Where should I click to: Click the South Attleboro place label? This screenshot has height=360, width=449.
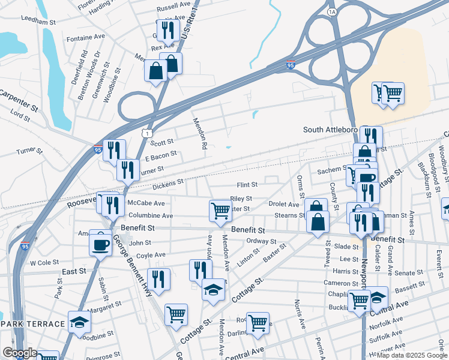[330, 130]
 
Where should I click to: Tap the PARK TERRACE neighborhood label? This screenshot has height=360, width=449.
[32, 324]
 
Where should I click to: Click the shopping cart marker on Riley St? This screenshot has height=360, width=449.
[220, 211]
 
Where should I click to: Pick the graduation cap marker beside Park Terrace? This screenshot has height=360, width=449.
[79, 322]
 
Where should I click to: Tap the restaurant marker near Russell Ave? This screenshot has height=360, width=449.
[167, 29]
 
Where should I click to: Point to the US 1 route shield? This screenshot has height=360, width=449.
[146, 133]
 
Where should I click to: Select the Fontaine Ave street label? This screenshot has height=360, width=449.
[86, 37]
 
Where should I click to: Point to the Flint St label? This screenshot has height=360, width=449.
[247, 185]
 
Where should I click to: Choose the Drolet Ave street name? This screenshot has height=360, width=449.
[283, 205]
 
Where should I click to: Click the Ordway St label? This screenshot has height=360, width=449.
[261, 242]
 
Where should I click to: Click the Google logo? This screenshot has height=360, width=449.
[19, 353]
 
